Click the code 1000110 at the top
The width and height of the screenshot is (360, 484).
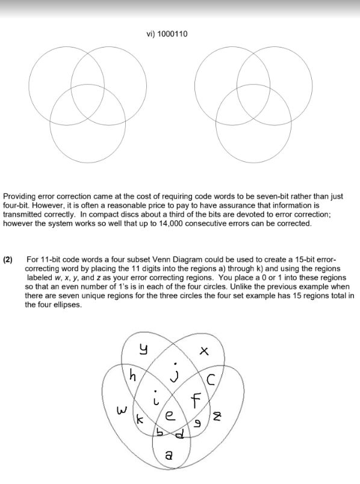[173, 34]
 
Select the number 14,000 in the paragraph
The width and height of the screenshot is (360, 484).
[188, 223]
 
